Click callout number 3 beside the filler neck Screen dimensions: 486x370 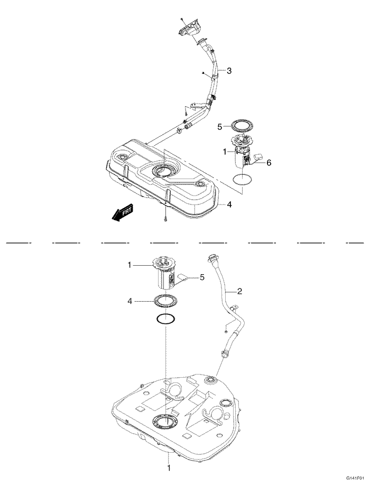click(x=229, y=71)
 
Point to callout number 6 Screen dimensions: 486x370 click(x=269, y=163)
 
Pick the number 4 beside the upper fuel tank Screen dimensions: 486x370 click(x=229, y=204)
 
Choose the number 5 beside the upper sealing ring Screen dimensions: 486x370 click(x=220, y=127)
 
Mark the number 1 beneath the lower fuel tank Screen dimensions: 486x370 click(x=169, y=468)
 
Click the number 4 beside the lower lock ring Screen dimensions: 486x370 click(x=129, y=302)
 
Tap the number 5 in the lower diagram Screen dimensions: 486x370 click(x=201, y=277)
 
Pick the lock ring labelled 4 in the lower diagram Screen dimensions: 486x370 click(x=166, y=302)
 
